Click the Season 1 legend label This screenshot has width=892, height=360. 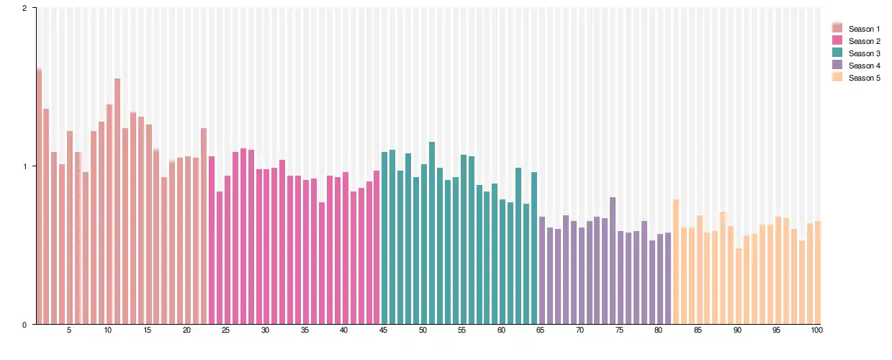tap(864, 29)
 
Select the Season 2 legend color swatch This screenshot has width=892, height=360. tap(837, 41)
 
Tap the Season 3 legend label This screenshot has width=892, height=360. tap(864, 53)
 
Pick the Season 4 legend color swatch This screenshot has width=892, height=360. tap(837, 66)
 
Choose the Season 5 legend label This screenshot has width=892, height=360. tap(864, 78)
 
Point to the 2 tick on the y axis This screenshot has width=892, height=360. tap(25, 8)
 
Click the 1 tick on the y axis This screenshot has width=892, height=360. tap(25, 166)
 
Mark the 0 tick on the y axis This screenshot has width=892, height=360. tap(25, 324)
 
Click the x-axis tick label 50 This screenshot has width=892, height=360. tap(423, 330)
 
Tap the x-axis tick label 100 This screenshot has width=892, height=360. tap(816, 330)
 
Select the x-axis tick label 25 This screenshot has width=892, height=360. tap(226, 330)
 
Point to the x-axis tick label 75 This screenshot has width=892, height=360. tap(620, 330)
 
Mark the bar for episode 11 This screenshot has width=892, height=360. tap(117, 201)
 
